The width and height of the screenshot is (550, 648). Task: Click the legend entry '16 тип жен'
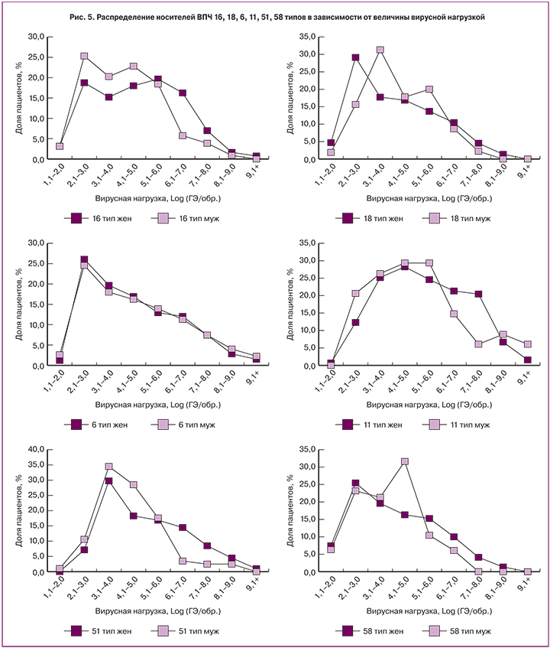tap(108, 218)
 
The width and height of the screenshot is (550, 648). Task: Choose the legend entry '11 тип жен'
tap(374, 424)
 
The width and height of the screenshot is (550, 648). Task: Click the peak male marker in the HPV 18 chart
tap(380, 50)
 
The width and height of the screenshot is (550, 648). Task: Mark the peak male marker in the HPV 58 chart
tap(405, 461)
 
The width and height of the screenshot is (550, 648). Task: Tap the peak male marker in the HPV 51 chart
tap(108, 467)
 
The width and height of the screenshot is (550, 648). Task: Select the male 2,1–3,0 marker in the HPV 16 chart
tap(84, 56)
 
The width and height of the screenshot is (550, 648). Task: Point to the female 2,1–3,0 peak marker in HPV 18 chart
tap(355, 57)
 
